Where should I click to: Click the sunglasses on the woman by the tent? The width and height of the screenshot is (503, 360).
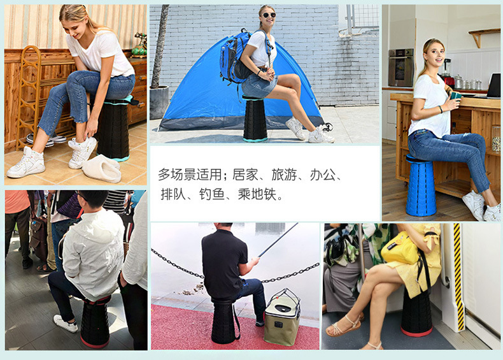point(267,15)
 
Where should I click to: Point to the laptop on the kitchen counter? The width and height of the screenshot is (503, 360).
point(493,86)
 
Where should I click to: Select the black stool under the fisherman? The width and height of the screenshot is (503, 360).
point(224,322)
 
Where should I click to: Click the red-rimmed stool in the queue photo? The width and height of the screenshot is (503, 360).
point(95,322)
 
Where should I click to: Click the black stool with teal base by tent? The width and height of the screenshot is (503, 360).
point(255,119)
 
